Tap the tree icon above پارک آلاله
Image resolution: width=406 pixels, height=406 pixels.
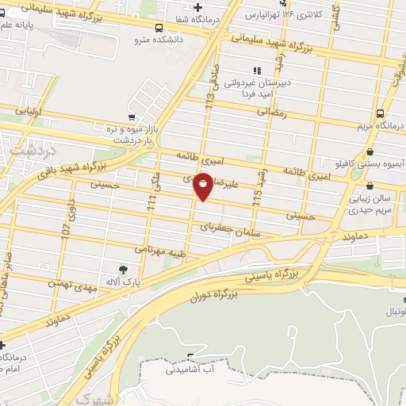coord(121,270)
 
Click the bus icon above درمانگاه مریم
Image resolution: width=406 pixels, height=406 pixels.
coord(380,114)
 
